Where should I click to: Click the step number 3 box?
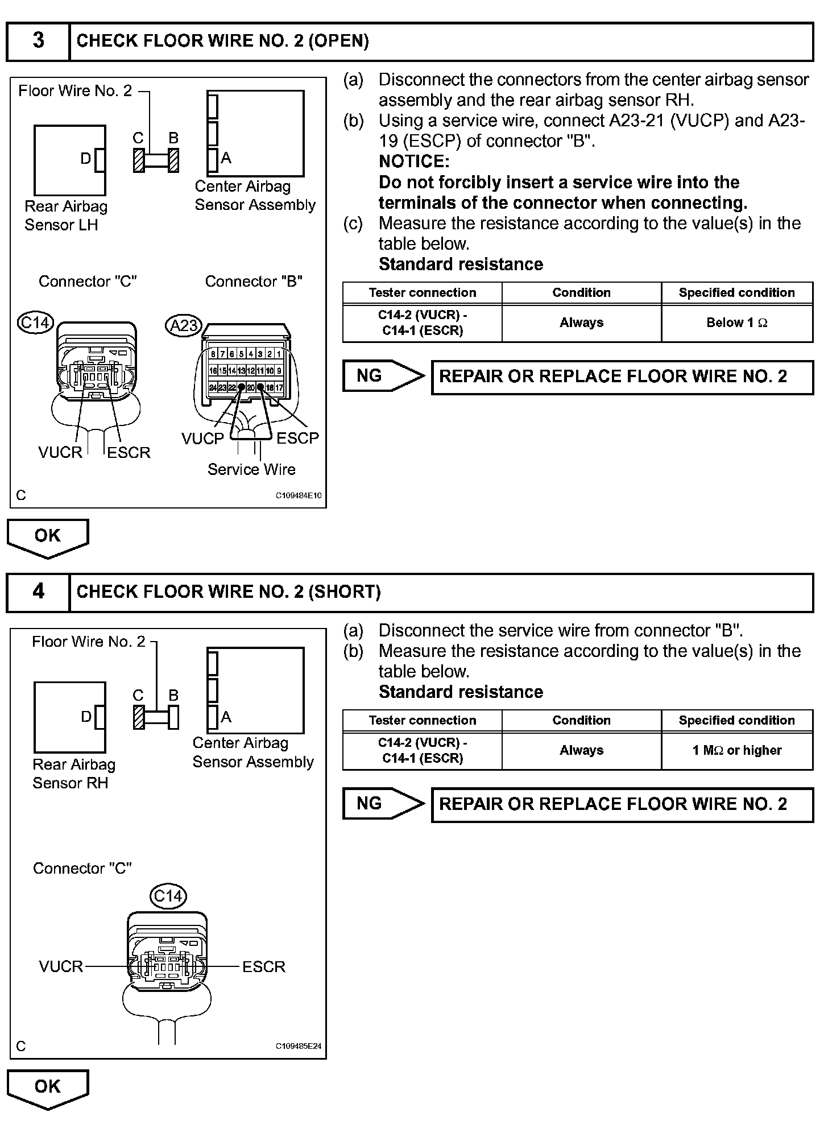click(x=38, y=41)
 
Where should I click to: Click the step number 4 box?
click(x=38, y=592)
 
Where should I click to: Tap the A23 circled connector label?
click(x=184, y=325)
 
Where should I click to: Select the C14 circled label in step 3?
click(x=35, y=323)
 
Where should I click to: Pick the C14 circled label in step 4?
click(x=168, y=896)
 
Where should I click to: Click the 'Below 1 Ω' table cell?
click(x=737, y=323)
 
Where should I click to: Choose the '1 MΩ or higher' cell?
click(x=737, y=751)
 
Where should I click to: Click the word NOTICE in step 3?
click(x=414, y=162)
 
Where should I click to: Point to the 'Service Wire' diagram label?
click(x=251, y=470)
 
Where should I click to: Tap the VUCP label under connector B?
click(x=203, y=439)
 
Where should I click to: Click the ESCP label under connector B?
click(x=297, y=439)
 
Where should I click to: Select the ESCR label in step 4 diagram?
click(x=264, y=967)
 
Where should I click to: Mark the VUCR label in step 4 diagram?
click(x=61, y=967)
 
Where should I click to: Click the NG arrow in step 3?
click(x=383, y=376)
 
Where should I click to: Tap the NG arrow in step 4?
click(x=383, y=804)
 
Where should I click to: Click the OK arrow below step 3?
click(x=48, y=537)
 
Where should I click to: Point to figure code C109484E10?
click(x=299, y=495)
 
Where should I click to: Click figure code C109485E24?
click(x=299, y=1046)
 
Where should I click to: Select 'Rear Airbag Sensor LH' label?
click(x=65, y=216)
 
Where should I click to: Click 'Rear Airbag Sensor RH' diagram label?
click(x=73, y=774)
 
